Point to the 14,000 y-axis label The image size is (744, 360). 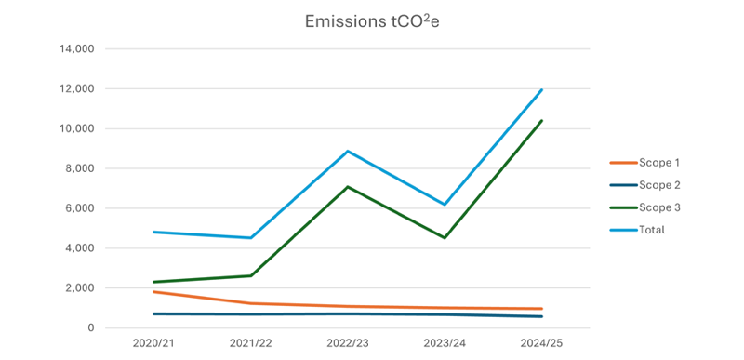pos(75,48)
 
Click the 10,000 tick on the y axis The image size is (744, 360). pos(75,128)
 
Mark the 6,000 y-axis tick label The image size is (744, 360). pos(78,208)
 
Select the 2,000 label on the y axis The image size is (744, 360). pos(78,288)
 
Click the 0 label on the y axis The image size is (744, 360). pos(91,328)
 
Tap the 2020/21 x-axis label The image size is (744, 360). pos(153,344)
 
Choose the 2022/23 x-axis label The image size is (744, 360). pos(348,344)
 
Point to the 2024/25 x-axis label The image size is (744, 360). pos(542,344)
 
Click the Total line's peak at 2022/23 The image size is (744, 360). pos(348,151)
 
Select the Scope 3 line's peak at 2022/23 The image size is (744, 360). pos(348,187)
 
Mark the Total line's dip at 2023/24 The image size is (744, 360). pos(445,205)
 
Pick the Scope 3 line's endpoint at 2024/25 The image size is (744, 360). pos(542,120)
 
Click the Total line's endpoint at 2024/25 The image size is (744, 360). pos(542,90)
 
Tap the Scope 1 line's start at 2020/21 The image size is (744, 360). pos(153,292)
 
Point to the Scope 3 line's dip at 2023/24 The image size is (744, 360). pos(445,238)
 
